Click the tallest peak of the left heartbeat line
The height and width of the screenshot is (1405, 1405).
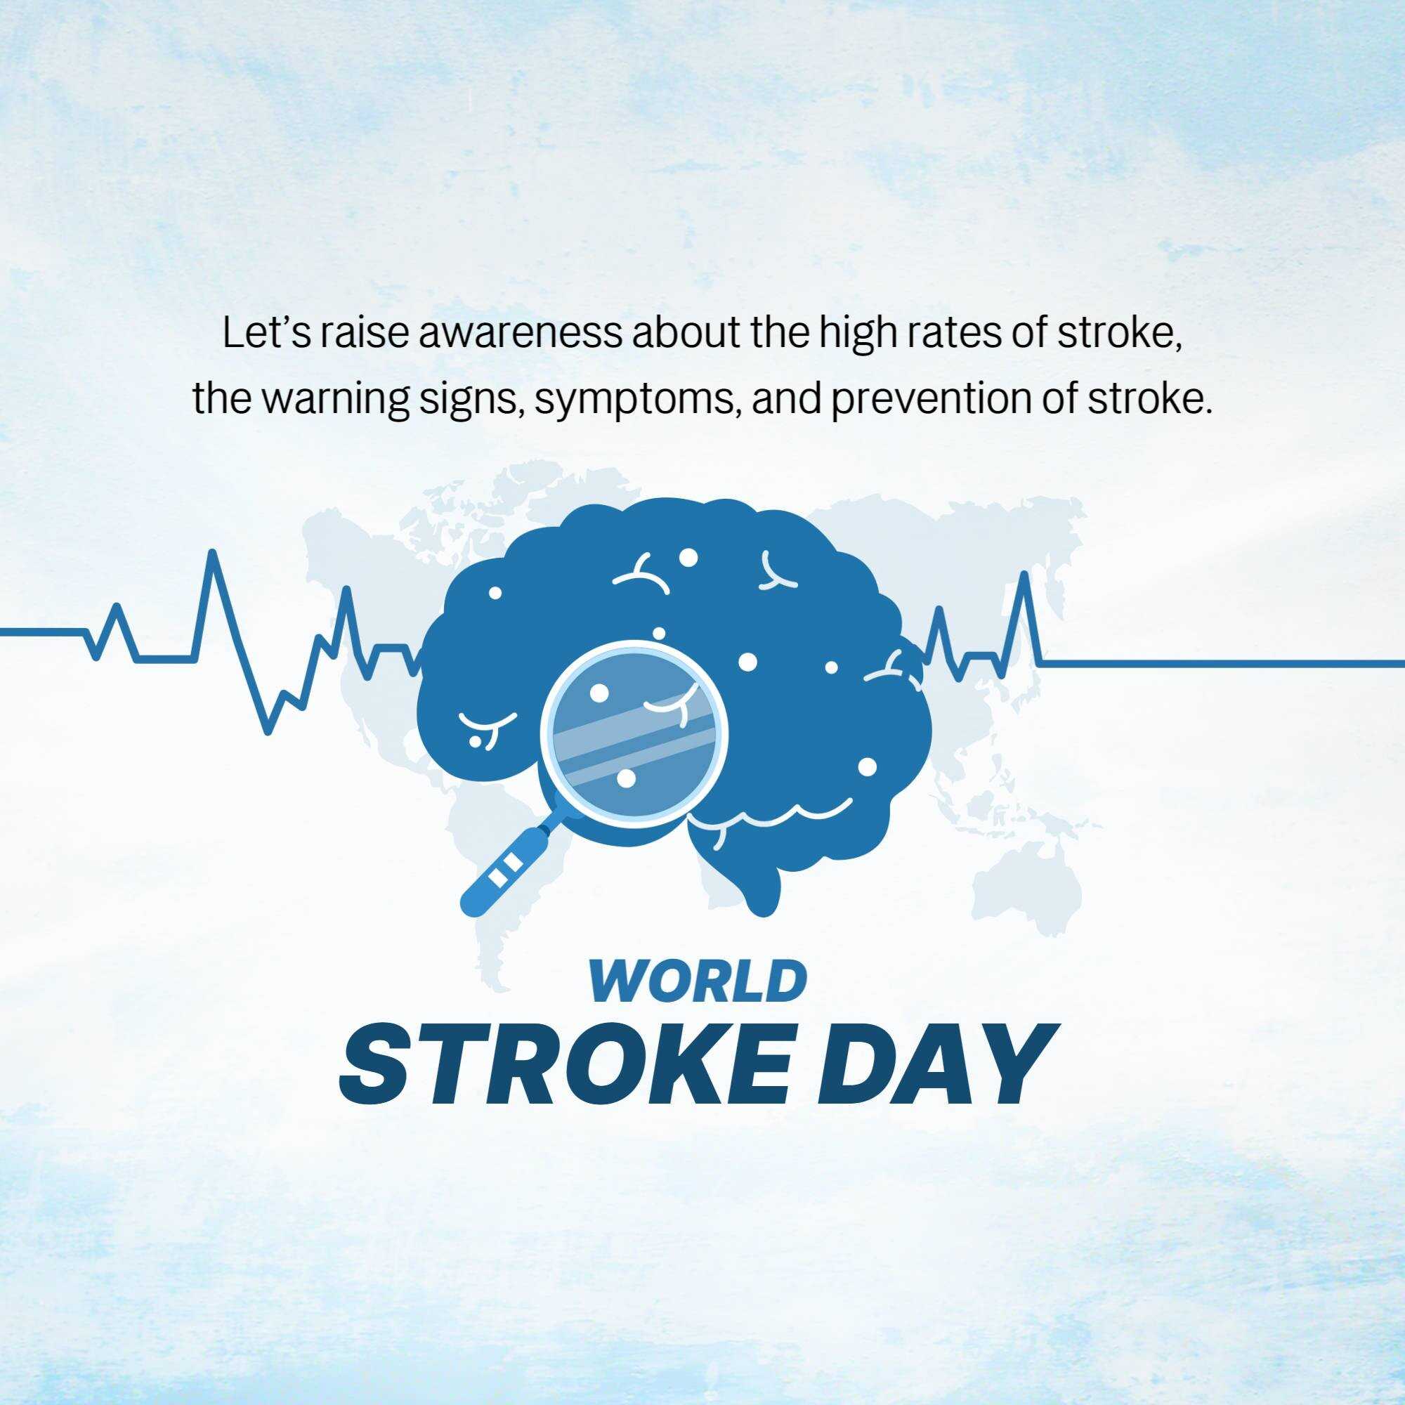click(212, 552)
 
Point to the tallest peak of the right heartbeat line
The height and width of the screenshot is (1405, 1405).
click(1026, 575)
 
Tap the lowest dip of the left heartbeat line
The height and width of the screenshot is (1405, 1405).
click(268, 731)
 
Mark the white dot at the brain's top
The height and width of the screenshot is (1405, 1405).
click(688, 558)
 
